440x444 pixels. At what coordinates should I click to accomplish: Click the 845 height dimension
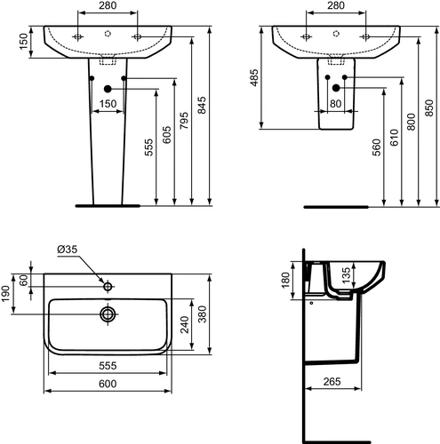[x=202, y=105]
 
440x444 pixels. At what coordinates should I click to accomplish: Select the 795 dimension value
[x=184, y=120]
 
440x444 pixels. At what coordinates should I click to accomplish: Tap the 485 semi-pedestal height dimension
[x=254, y=78]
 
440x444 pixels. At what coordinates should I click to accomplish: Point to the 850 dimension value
[x=429, y=108]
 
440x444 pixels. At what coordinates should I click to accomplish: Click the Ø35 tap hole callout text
[x=68, y=250]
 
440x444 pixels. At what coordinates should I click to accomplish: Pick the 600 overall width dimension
[x=108, y=384]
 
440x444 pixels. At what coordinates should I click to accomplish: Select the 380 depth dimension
[x=202, y=314]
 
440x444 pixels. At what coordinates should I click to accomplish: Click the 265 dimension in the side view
[x=332, y=382]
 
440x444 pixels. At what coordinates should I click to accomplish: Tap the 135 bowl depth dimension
[x=346, y=274]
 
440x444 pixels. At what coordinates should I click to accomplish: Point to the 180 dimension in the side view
[x=285, y=281]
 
